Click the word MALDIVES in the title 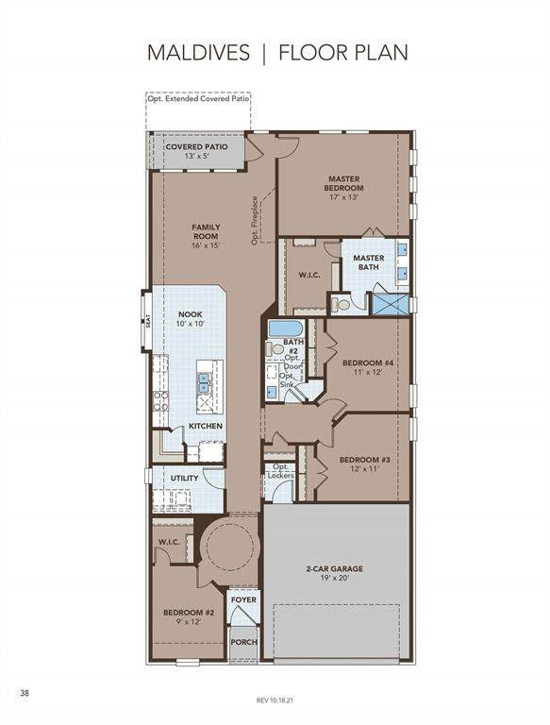click(198, 53)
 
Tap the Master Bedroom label click(343, 183)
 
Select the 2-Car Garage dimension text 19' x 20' click(334, 578)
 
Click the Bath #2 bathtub click(286, 329)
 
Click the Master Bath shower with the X click(391, 303)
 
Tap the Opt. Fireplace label click(255, 221)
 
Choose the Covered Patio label click(196, 147)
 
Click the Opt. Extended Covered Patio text click(198, 98)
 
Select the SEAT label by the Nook click(148, 321)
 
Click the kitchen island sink click(203, 383)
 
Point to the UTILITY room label click(184, 478)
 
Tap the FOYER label click(243, 599)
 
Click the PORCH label click(243, 642)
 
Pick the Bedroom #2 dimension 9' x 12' click(188, 622)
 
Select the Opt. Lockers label click(280, 471)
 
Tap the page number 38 click(25, 693)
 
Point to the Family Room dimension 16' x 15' click(206, 245)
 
